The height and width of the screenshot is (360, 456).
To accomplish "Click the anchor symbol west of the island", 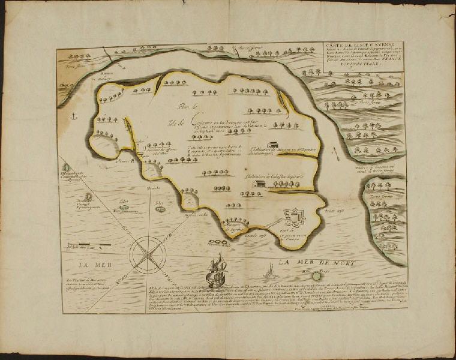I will click(x=74, y=115).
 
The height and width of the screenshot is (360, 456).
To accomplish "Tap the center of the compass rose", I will click(x=147, y=252).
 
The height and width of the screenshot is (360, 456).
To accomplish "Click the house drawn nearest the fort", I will click(x=259, y=184).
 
